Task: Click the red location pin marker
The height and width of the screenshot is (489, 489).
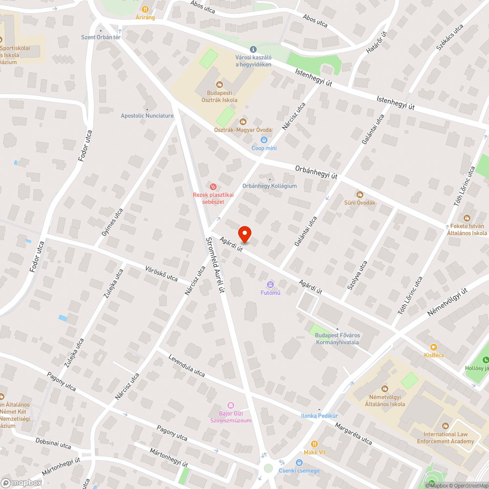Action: [244, 234]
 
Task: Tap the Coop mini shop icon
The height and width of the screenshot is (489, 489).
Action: [264, 140]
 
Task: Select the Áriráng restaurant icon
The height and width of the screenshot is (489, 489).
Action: [145, 9]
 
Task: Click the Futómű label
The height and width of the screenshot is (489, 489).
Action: [270, 293]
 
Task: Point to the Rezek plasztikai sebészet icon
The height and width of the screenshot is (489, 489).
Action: [213, 186]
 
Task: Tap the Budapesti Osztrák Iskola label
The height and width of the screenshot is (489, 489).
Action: [220, 96]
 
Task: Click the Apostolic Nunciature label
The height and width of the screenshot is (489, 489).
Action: [147, 116]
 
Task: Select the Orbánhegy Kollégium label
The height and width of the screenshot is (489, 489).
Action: [269, 186]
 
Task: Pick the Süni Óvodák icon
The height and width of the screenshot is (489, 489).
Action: [360, 195]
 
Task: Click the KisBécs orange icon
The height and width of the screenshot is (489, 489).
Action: [434, 347]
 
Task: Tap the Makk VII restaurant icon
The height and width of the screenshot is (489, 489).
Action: [314, 444]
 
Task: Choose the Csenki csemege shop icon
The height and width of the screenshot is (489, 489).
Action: [299, 463]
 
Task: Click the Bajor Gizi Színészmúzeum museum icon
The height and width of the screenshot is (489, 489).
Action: [231, 405]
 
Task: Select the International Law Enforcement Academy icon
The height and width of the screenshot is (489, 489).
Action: [445, 425]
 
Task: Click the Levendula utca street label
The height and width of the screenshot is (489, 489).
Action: [186, 365]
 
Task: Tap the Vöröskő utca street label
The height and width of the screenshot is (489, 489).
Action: [161, 273]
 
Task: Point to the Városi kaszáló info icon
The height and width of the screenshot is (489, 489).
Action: [253, 49]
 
